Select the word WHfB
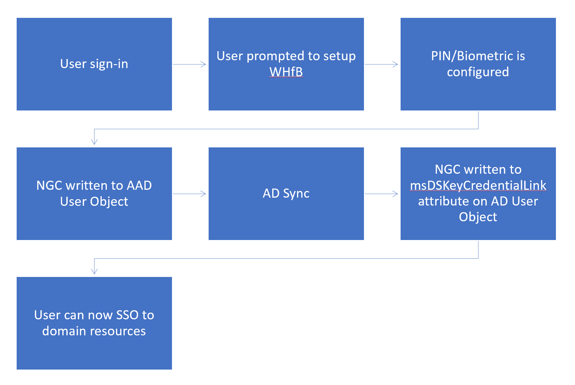coord(286,72)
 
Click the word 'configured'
coord(478,72)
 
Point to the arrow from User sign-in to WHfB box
coord(190,64)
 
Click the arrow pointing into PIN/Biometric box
coord(382,64)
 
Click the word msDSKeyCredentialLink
coord(478,185)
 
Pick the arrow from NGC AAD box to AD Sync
coord(190,194)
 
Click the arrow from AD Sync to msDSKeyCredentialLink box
coord(382,194)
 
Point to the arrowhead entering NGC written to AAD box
coord(94,142)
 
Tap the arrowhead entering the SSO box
coord(94,271)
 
